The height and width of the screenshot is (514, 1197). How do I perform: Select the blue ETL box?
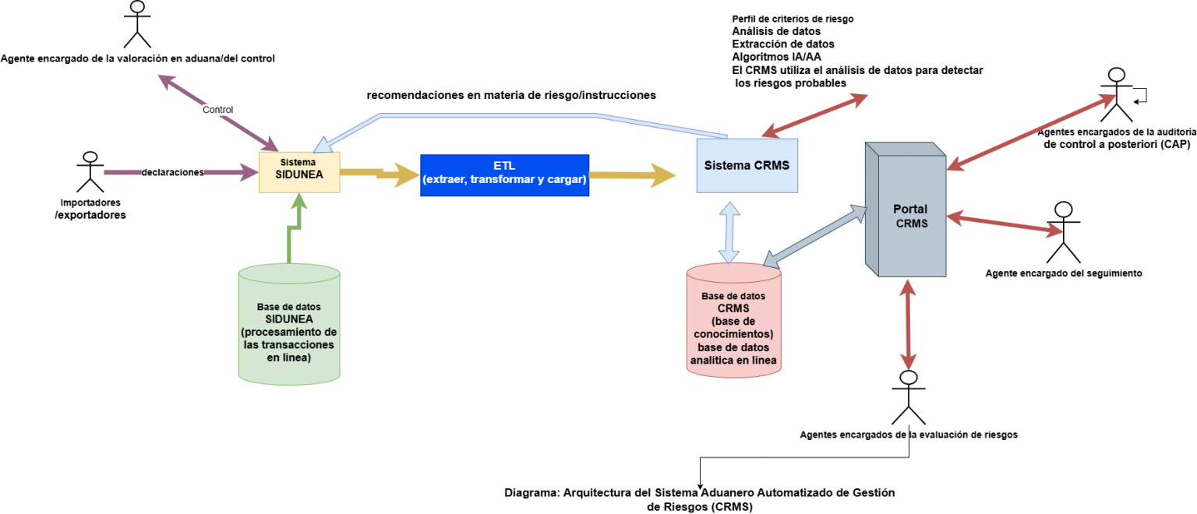(504, 174)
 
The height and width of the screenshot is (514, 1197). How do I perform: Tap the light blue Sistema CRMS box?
(747, 166)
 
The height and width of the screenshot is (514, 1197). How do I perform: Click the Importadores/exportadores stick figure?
(90, 171)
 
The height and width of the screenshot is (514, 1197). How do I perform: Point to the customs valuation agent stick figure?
(137, 25)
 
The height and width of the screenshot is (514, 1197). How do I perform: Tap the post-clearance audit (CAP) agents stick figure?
(1116, 95)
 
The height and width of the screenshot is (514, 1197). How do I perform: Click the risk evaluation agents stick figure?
(906, 397)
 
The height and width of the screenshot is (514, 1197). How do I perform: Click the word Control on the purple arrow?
(217, 110)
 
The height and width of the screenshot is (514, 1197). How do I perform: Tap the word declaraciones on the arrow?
(172, 172)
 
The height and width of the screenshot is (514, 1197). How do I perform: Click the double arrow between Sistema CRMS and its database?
(729, 231)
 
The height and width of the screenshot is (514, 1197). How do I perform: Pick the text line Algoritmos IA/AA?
(776, 57)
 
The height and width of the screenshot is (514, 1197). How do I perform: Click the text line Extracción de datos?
(782, 44)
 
